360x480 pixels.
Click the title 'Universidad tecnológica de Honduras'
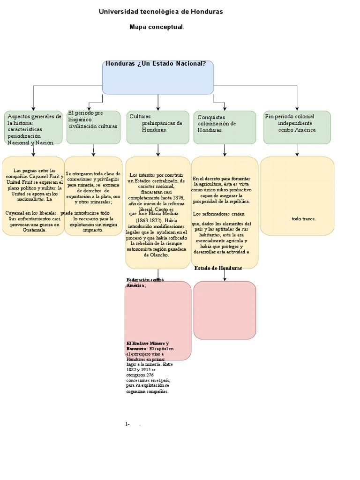pos(161,11)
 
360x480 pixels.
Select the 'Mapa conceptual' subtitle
pos(156,27)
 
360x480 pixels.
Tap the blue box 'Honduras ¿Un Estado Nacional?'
pos(157,77)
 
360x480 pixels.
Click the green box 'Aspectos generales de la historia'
pos(33,127)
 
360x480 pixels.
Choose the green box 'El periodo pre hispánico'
pos(94,127)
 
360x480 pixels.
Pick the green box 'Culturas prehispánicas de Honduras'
pos(157,127)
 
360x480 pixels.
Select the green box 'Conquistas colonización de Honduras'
pos(225,127)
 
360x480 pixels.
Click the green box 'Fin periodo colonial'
pos(297,127)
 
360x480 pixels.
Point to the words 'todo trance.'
pos(304,218)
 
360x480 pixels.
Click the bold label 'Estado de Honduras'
pos(218,268)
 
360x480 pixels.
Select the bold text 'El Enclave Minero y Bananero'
pos(147,346)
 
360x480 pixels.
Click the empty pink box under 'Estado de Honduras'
pos(225,310)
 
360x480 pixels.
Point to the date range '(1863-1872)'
pos(150,220)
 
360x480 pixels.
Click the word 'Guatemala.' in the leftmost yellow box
pos(35,230)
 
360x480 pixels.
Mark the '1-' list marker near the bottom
pos(127,424)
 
